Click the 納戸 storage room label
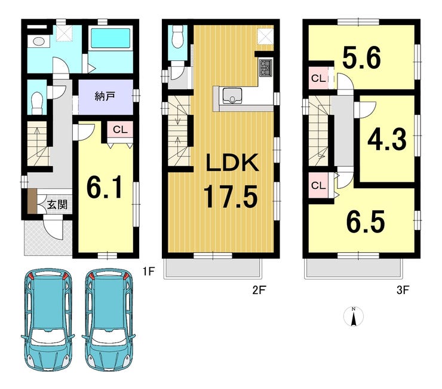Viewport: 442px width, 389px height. click(105, 97)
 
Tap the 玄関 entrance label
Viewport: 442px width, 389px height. click(57, 204)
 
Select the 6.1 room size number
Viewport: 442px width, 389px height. click(105, 187)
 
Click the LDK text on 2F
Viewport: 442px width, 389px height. click(232, 163)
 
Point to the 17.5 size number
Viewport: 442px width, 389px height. click(231, 197)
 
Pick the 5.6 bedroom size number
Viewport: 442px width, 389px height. click(361, 58)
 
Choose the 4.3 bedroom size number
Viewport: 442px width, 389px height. click(387, 139)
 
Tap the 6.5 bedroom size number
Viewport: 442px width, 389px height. click(366, 222)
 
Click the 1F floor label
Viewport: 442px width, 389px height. click(148, 271)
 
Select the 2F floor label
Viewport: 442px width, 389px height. click(259, 290)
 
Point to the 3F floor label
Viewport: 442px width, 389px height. click(403, 290)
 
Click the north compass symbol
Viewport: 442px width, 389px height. click(354, 316)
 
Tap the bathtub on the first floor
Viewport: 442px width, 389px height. click(110, 39)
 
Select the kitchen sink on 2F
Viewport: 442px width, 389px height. click(232, 96)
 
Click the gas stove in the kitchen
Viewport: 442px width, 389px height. click(265, 68)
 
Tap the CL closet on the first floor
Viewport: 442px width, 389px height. click(121, 130)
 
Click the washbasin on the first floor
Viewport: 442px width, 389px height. click(38, 41)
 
